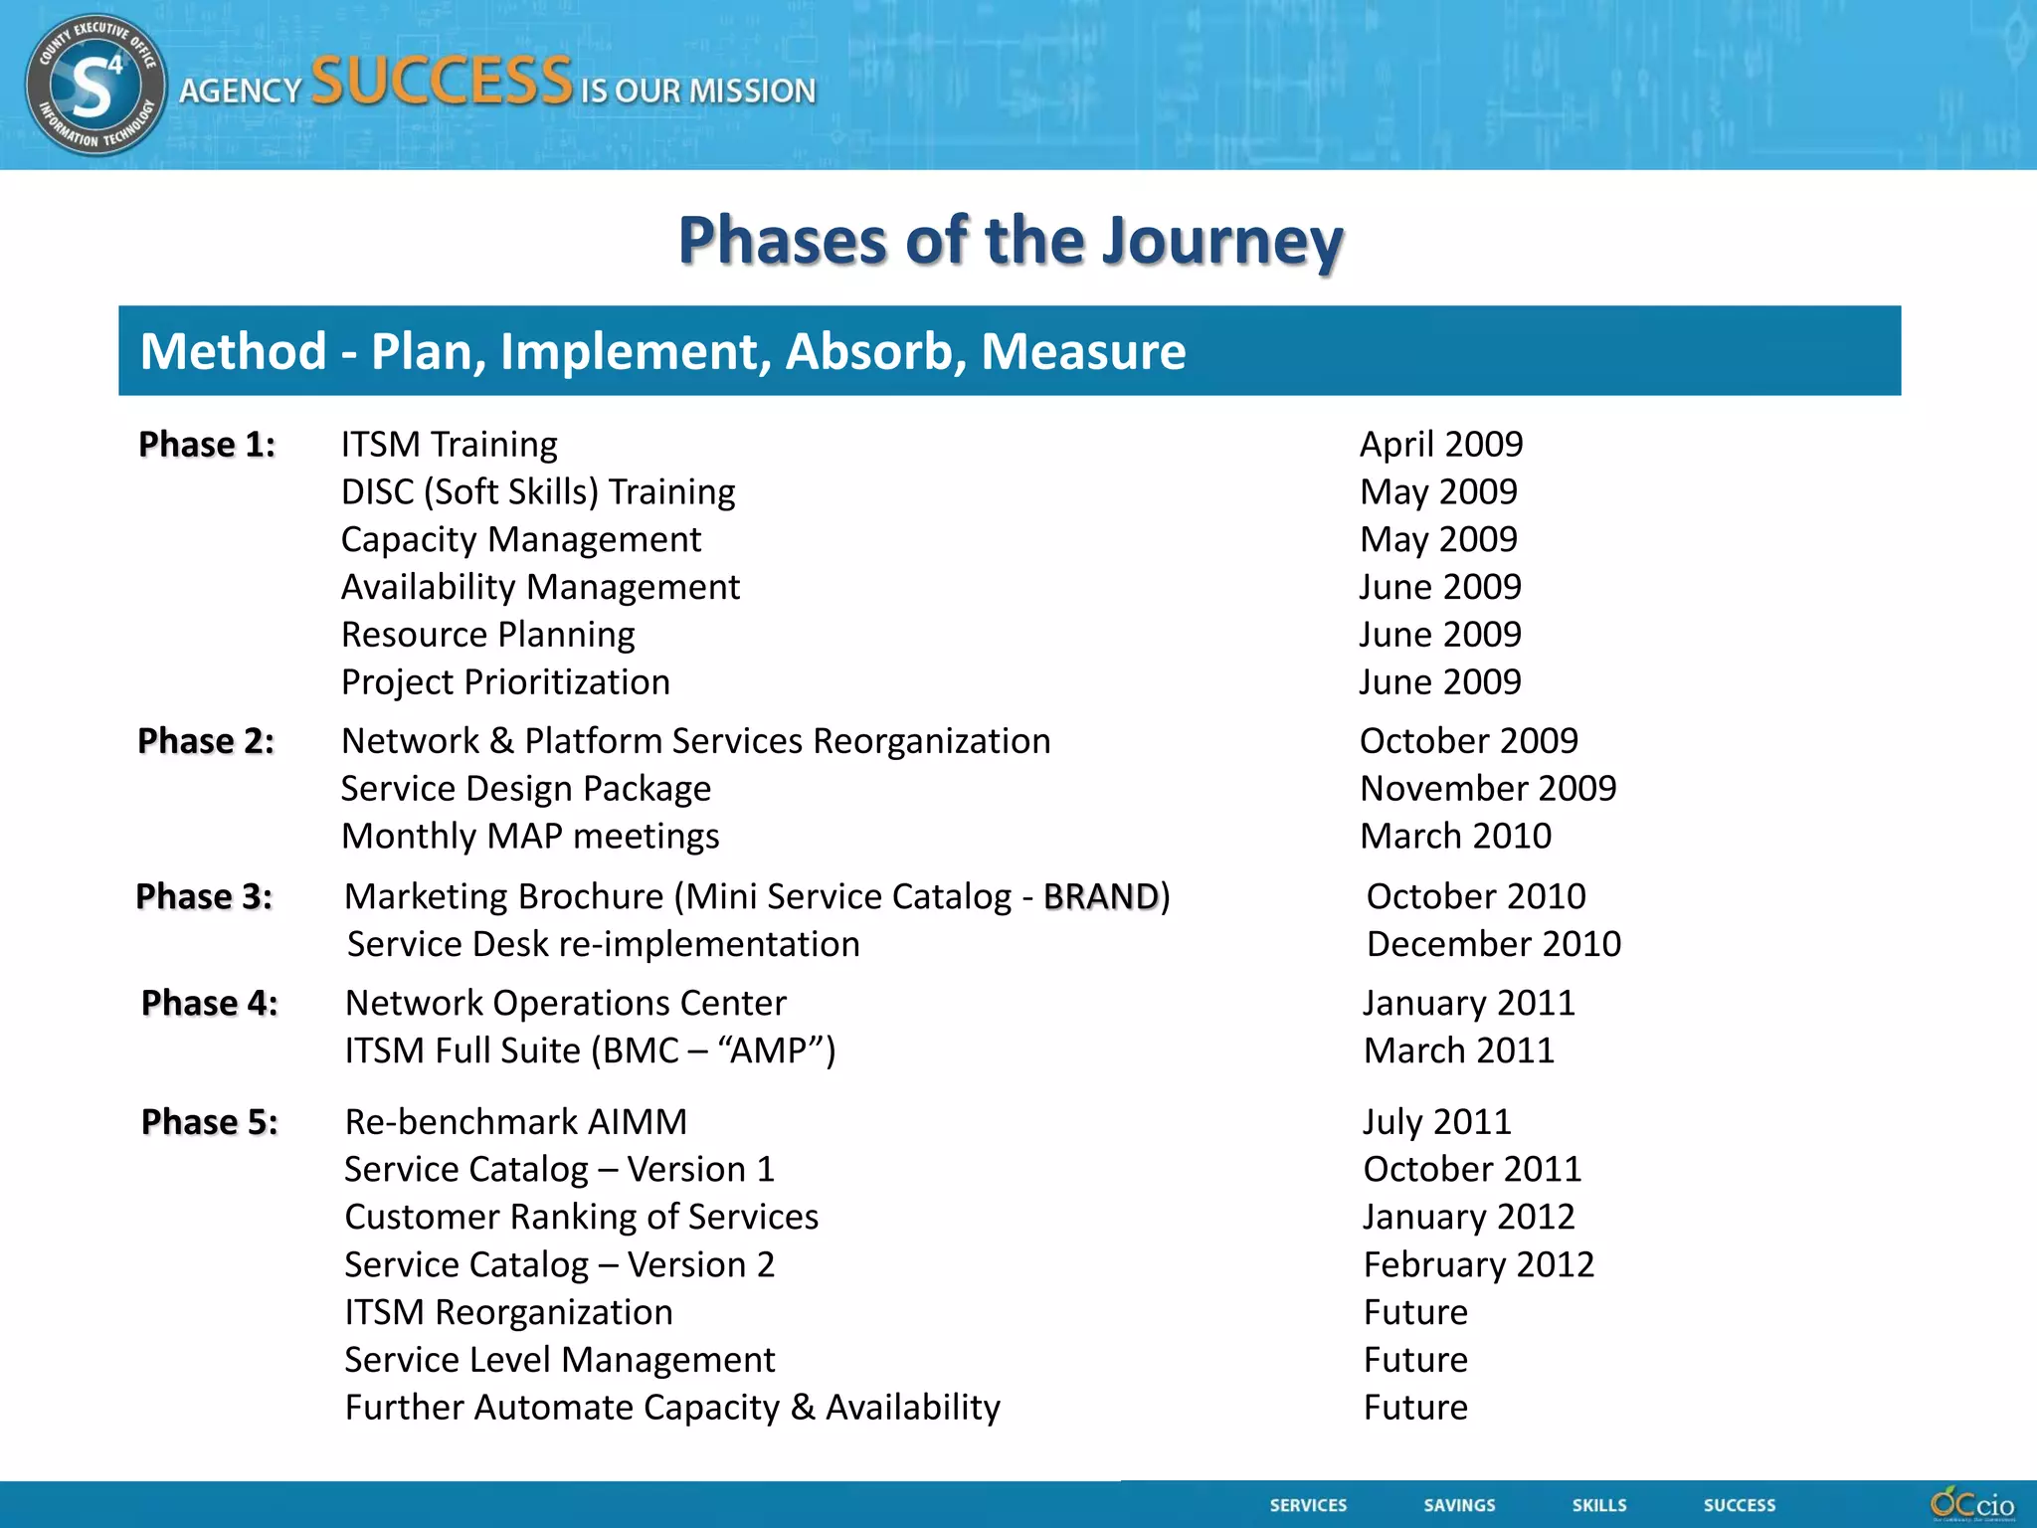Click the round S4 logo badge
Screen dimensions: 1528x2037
coord(95,86)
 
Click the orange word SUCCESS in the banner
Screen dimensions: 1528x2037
coord(442,82)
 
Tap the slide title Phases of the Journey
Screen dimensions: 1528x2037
coord(1011,241)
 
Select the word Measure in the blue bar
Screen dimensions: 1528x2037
coord(1083,351)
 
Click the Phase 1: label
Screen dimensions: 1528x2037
coord(207,445)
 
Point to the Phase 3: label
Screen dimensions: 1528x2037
coord(204,896)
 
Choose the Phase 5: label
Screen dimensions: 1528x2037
coord(210,1122)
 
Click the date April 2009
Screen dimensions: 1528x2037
coord(1441,445)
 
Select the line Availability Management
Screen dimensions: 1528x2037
coord(540,587)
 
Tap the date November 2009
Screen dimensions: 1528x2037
coord(1488,789)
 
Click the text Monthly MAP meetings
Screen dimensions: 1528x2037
coord(530,837)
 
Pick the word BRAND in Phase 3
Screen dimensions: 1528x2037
coord(1101,896)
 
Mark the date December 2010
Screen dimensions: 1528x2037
coord(1493,944)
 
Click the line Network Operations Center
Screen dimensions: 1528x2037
coord(566,1003)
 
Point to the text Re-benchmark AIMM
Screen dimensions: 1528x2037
coord(515,1122)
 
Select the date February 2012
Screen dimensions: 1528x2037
coord(1479,1264)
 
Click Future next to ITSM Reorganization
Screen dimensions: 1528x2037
coord(1415,1312)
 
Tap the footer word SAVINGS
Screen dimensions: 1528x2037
coord(1459,1505)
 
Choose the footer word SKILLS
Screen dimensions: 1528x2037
coord(1599,1505)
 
